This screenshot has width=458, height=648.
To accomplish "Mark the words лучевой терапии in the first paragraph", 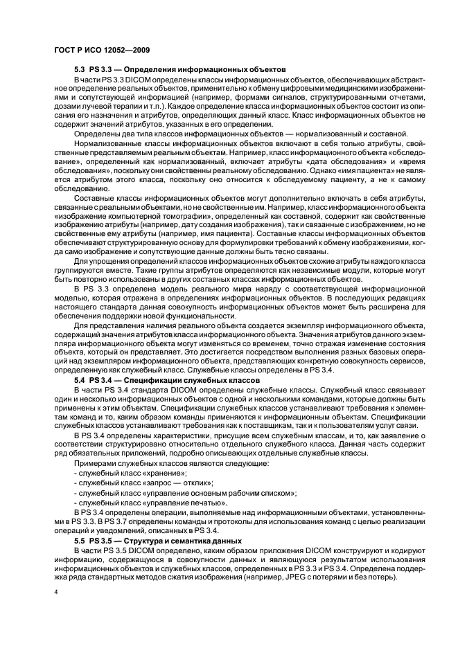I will [108, 106].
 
